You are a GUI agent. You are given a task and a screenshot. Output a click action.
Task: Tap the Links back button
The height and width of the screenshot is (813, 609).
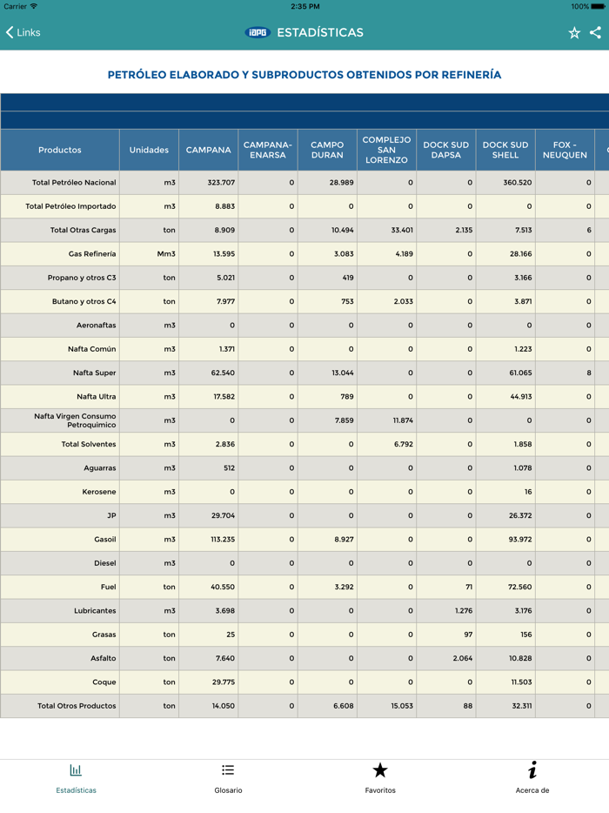tap(23, 32)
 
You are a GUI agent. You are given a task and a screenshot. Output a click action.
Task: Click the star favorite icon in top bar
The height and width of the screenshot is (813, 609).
tap(574, 32)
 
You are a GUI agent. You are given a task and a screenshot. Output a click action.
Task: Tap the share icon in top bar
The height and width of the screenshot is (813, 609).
tap(595, 32)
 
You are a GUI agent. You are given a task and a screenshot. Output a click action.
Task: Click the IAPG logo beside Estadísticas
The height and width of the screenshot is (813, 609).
tap(258, 32)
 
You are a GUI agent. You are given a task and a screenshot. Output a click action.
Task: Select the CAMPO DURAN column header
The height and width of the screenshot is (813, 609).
tap(327, 150)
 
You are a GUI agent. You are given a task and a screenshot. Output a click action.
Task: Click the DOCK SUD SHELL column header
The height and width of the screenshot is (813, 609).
tap(505, 150)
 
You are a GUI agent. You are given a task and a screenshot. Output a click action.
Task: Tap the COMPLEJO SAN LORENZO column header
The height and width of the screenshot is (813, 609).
tap(386, 150)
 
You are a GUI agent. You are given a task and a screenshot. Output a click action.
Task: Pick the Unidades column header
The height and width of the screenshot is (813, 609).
tap(149, 150)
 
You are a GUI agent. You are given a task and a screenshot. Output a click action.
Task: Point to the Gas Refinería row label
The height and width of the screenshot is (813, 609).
tap(91, 254)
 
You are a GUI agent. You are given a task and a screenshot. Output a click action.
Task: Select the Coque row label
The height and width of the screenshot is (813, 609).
tap(104, 682)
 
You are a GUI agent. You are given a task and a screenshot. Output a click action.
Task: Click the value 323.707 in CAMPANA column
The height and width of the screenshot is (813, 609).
tap(221, 183)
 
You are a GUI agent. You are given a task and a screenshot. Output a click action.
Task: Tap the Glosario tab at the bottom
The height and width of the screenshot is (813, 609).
tap(228, 778)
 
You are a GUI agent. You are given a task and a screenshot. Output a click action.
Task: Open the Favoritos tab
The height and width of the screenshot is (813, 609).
tap(380, 778)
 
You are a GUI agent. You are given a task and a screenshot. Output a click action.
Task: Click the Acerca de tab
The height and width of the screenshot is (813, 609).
tap(532, 778)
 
